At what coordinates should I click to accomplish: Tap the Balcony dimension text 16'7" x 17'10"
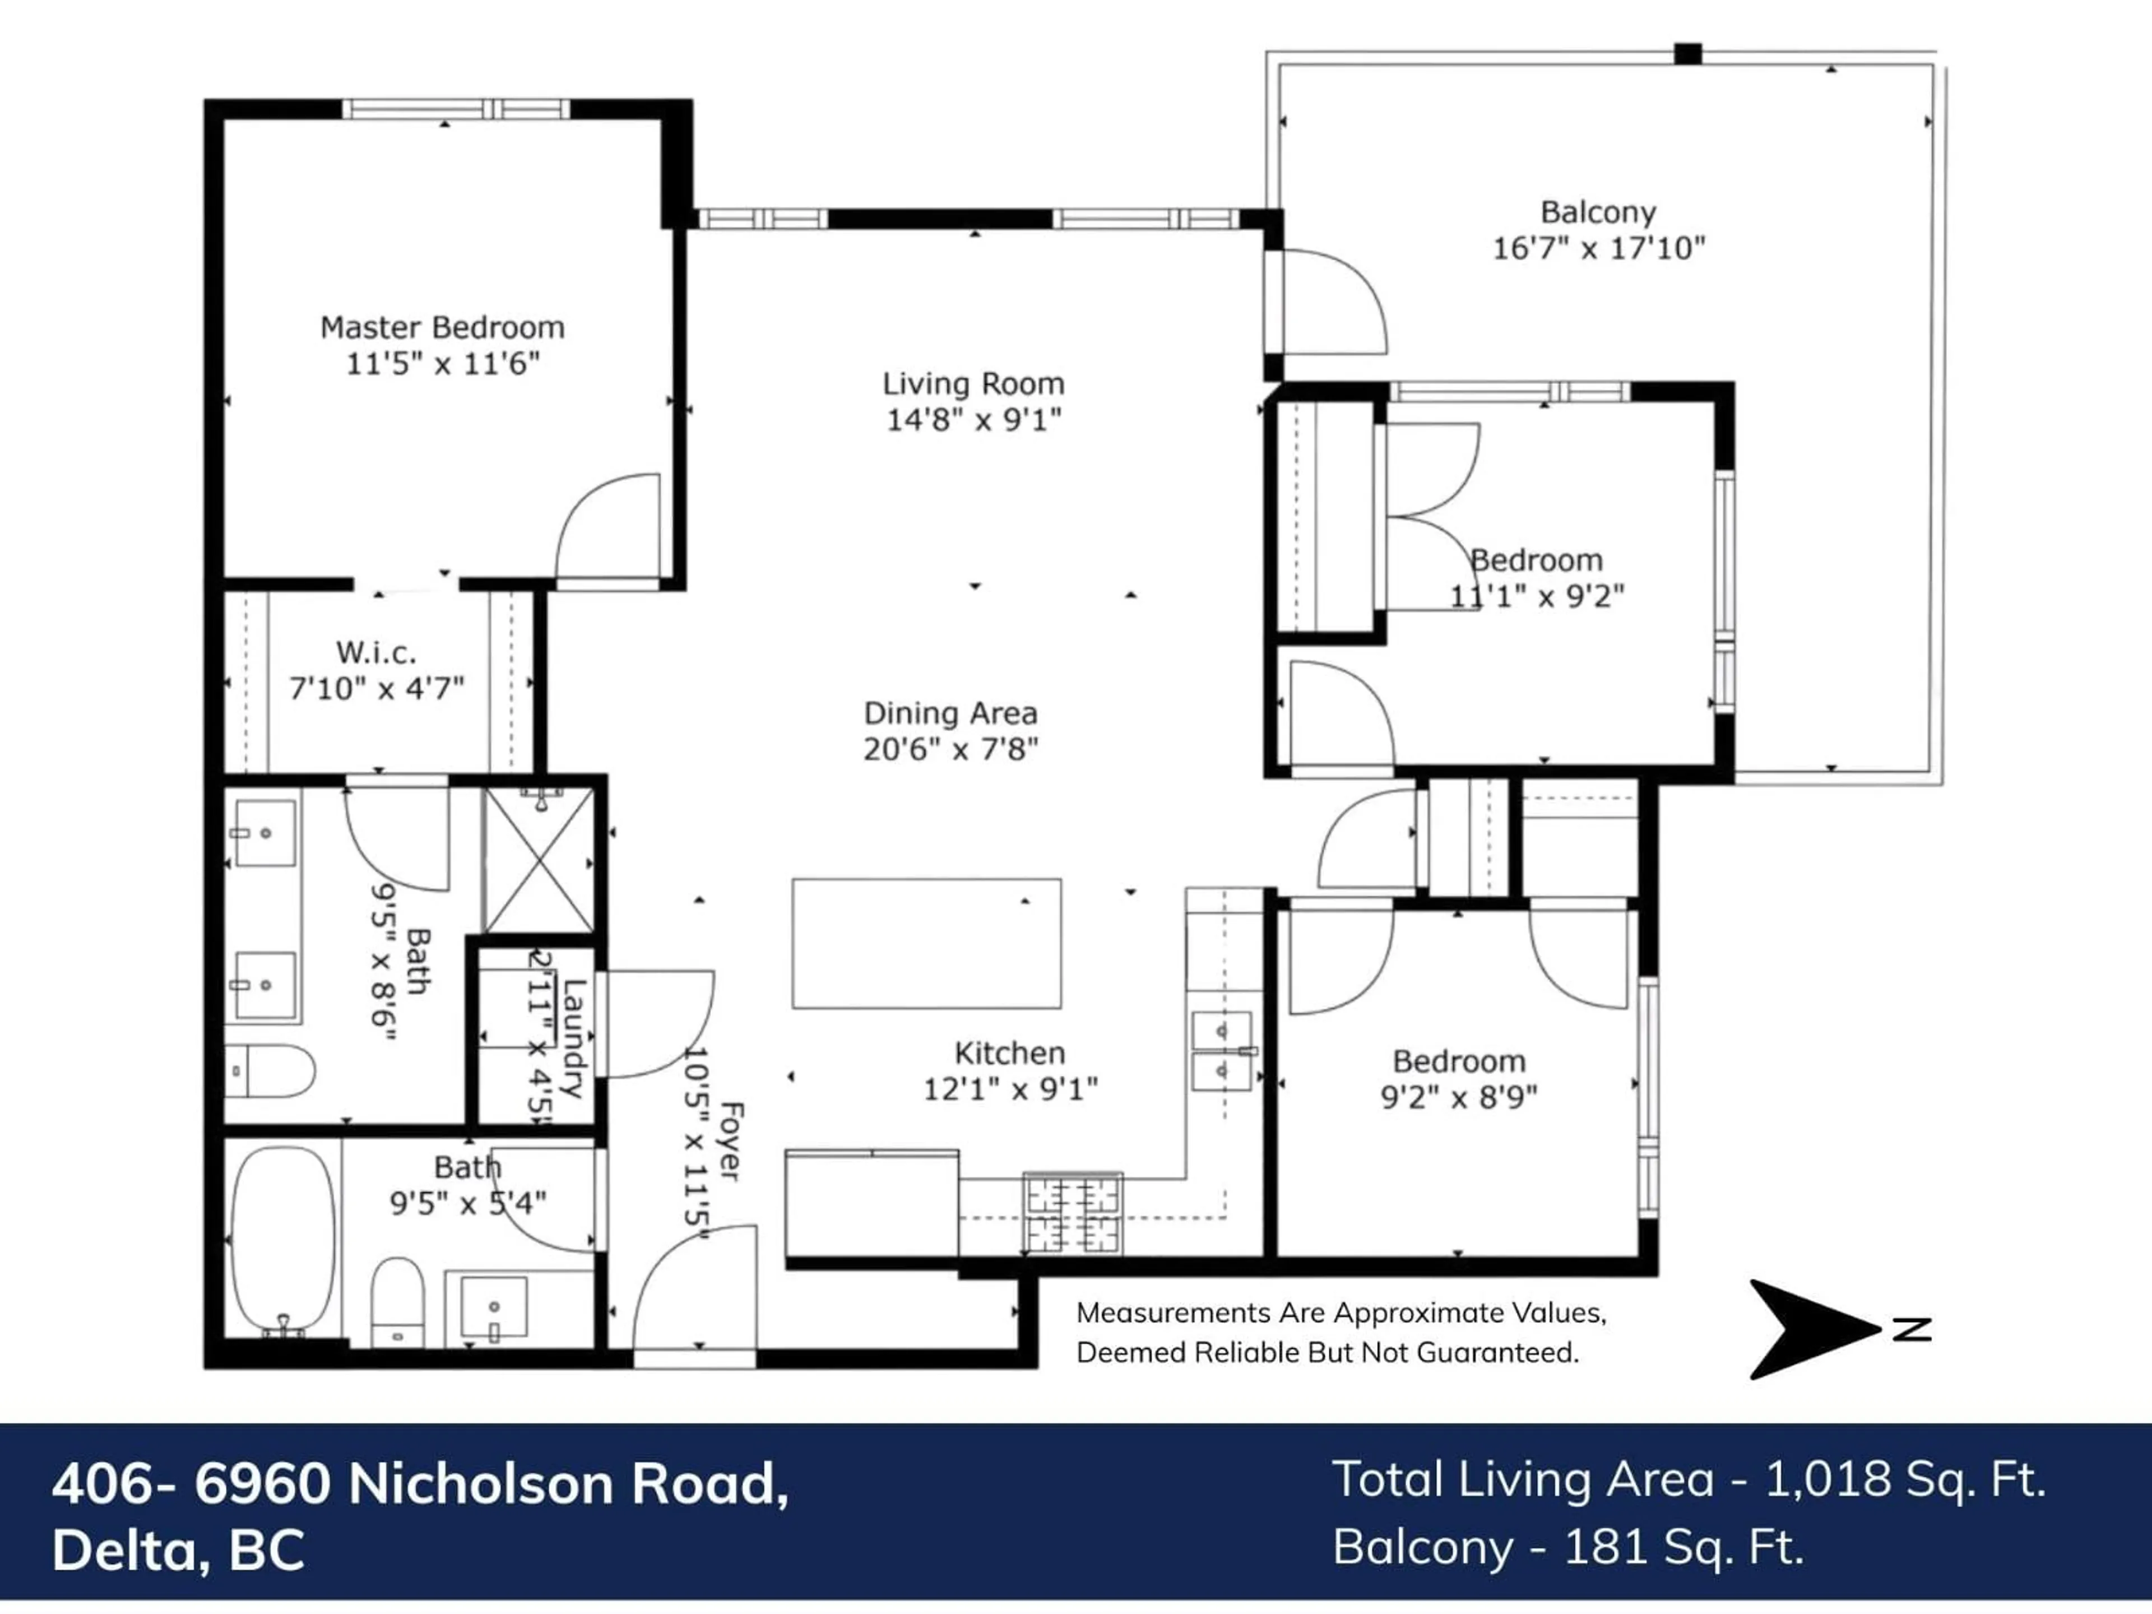point(1598,248)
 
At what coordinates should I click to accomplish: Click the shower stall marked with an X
point(539,860)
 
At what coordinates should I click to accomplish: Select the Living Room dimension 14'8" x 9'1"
point(973,420)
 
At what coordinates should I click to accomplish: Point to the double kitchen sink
point(1222,1051)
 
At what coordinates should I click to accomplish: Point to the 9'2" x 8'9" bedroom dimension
point(1458,1097)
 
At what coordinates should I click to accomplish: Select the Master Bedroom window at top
point(455,109)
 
